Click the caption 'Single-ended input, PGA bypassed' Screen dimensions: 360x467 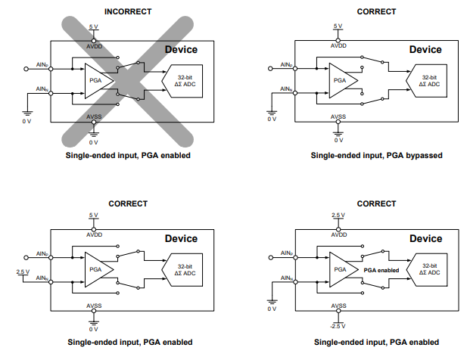[x=376, y=155]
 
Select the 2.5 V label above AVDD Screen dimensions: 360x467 [x=338, y=216]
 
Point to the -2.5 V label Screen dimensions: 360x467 [x=338, y=325]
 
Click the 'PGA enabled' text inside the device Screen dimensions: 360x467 [x=381, y=268]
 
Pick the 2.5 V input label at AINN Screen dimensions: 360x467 [x=23, y=272]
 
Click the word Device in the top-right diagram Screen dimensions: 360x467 [x=425, y=50]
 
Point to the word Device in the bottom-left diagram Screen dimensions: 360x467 [x=181, y=239]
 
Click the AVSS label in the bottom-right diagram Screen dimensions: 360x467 [x=338, y=306]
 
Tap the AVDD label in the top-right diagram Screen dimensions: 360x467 [x=338, y=46]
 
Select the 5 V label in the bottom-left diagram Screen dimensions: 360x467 [x=93, y=216]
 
